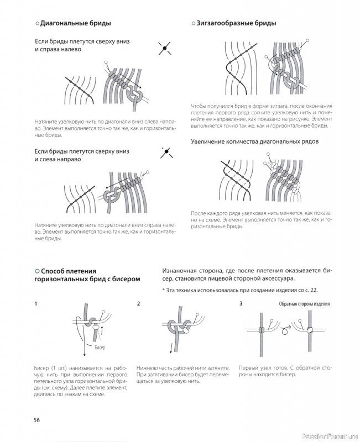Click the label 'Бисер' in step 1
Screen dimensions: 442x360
pos(99,348)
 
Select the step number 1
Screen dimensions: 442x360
pos(35,304)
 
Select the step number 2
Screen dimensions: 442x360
pos(138,304)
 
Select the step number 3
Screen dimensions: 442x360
pos(241,304)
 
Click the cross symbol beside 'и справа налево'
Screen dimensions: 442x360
pos(163,49)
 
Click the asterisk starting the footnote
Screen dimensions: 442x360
pos(164,290)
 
